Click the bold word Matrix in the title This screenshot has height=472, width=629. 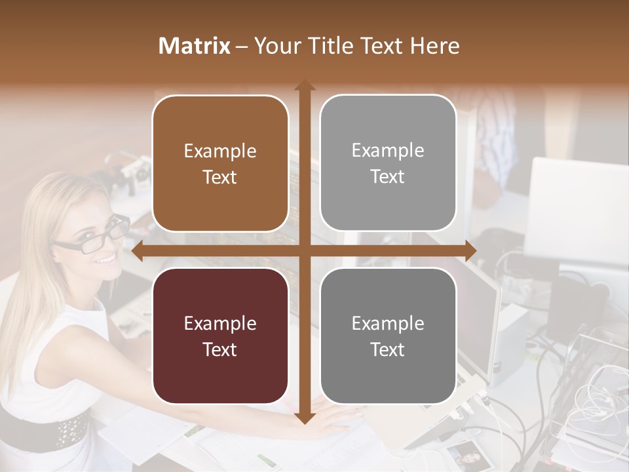pos(194,46)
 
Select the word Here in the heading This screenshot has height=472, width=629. pos(436,46)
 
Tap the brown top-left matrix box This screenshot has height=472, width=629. pos(220,164)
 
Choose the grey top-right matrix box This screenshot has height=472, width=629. pos(388,163)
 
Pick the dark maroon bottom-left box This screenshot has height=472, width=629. pos(220,336)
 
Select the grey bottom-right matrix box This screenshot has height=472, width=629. pos(388,336)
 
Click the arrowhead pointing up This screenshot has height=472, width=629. pos(304,86)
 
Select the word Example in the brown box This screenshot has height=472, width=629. pos(220,151)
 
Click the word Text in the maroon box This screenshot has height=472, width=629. pos(220,349)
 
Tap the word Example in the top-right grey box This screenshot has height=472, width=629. pos(388,151)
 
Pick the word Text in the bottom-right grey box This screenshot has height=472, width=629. pos(388,349)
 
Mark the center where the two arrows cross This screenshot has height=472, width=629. pos(304,251)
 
